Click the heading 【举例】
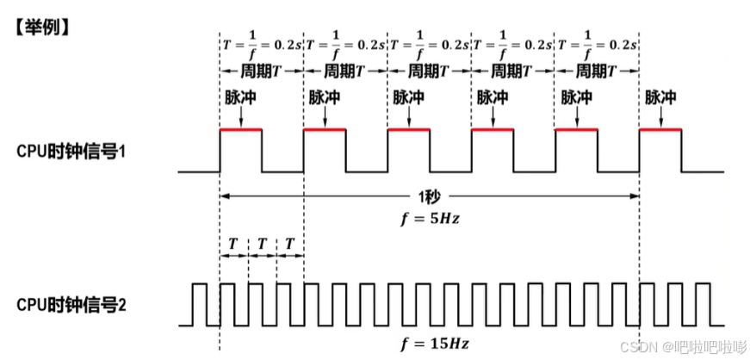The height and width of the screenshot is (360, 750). [40, 27]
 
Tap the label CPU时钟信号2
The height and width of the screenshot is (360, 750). [72, 304]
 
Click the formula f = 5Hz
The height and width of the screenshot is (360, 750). [430, 217]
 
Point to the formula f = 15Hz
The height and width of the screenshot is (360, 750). [434, 344]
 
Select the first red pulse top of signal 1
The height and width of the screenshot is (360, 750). [241, 130]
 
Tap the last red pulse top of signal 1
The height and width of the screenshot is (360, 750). [660, 130]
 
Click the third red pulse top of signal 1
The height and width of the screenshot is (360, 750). [409, 130]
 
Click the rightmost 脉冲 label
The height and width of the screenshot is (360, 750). [660, 97]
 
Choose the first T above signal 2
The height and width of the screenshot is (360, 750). [233, 244]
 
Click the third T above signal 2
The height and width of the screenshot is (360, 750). [290, 244]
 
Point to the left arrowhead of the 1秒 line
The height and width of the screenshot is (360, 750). [225, 196]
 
